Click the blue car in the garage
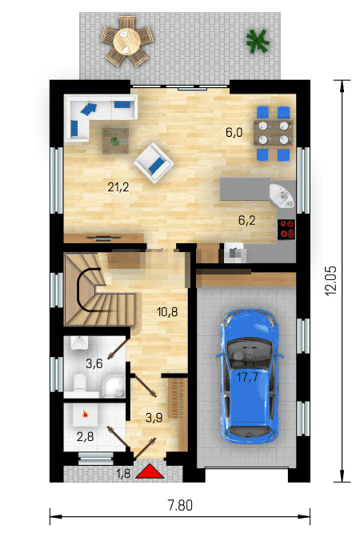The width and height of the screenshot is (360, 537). click(249, 377)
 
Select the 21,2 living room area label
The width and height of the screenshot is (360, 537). click(118, 187)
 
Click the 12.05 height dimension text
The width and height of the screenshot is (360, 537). click(330, 280)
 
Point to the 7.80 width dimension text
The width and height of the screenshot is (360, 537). click(180, 506)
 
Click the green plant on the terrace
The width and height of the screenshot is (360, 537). click(258, 42)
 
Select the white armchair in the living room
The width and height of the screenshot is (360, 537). click(154, 163)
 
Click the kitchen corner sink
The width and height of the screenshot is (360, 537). click(282, 195)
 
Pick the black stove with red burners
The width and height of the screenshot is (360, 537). click(286, 229)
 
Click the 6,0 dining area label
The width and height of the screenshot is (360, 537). click(234, 132)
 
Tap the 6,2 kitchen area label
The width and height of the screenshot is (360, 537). click(246, 220)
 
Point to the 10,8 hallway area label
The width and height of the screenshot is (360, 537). click(167, 312)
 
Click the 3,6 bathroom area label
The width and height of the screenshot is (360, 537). click(94, 363)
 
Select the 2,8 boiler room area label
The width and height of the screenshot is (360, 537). click(86, 437)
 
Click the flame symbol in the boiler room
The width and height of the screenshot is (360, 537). click(86, 415)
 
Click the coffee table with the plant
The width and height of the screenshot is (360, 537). click(115, 141)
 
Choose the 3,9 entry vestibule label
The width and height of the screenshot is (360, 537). click(154, 418)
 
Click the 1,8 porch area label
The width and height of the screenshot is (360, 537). click(123, 473)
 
